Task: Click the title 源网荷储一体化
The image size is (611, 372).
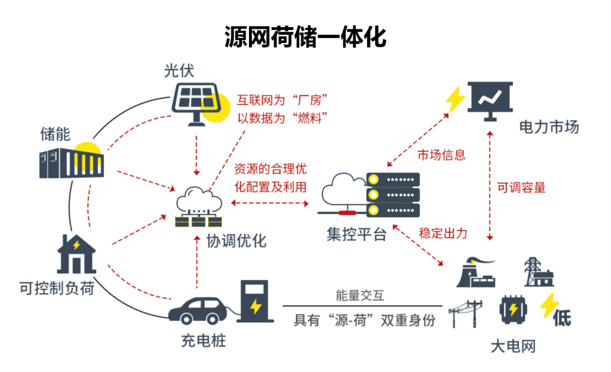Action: click(x=305, y=37)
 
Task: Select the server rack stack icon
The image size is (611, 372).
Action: click(x=393, y=195)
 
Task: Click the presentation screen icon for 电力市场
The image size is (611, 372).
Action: click(x=489, y=99)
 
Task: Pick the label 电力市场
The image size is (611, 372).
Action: click(x=549, y=126)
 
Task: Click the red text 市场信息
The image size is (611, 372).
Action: click(x=441, y=155)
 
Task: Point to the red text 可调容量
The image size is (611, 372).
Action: click(x=521, y=188)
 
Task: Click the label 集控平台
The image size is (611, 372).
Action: click(x=356, y=234)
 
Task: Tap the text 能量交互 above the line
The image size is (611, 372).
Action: click(x=360, y=295)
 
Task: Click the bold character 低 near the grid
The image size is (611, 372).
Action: click(x=562, y=318)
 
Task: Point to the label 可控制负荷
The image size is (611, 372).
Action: click(x=57, y=289)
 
